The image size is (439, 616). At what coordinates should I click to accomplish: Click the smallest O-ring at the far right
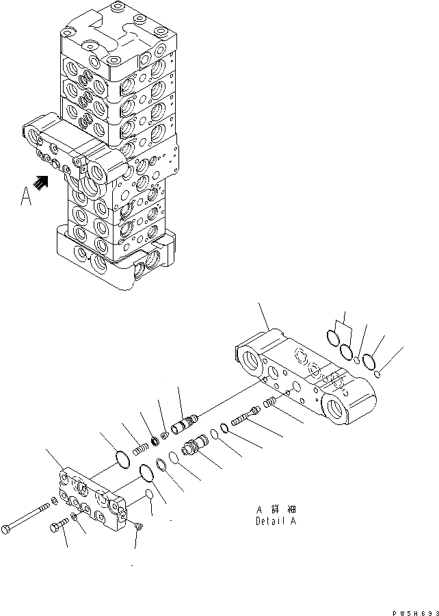378,373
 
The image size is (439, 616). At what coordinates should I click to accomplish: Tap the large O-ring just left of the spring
121,460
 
